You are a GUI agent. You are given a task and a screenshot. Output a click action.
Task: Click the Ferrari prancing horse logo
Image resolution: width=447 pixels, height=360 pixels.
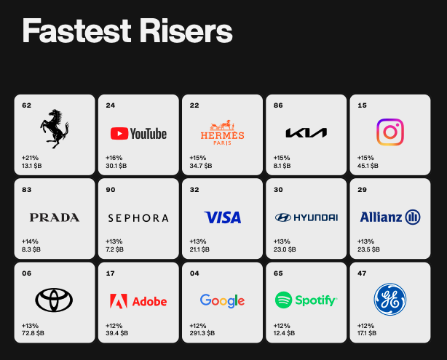[x=54, y=129]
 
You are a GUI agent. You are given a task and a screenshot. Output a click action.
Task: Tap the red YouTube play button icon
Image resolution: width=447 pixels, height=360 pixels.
[x=119, y=134]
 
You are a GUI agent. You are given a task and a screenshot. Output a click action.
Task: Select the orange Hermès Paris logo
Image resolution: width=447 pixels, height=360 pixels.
[x=222, y=132]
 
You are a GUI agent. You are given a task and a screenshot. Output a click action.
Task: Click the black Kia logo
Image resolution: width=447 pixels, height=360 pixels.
[x=306, y=132]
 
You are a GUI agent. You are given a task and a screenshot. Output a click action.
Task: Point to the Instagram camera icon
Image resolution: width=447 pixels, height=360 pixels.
[x=390, y=132]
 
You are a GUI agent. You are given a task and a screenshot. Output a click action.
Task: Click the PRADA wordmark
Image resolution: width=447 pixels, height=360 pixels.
[x=55, y=217]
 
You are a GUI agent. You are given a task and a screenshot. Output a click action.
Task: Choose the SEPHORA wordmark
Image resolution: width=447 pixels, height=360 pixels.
[x=138, y=218]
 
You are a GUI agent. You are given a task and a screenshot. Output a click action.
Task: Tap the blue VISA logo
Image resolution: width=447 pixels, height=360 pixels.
[x=223, y=217]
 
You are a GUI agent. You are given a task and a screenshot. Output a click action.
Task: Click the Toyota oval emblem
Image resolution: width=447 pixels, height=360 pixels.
[x=54, y=300]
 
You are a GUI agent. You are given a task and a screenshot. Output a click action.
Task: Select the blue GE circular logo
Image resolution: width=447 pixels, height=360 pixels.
[x=390, y=300]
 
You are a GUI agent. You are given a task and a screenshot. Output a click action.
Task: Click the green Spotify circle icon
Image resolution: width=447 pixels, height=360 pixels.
[x=283, y=300]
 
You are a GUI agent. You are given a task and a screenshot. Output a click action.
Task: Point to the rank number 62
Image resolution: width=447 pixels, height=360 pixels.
[x=26, y=105]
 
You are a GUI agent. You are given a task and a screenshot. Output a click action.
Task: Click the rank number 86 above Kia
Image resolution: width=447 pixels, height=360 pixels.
[x=278, y=105]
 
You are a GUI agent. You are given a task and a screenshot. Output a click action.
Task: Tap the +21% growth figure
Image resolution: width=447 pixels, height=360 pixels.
[x=31, y=158]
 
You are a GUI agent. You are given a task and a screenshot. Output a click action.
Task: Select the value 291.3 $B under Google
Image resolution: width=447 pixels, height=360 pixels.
[x=202, y=333]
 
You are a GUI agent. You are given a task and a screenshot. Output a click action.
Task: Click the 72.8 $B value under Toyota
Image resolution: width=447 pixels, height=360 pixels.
[x=33, y=333]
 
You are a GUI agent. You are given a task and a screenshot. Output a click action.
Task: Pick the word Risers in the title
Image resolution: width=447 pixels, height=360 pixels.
[x=186, y=31]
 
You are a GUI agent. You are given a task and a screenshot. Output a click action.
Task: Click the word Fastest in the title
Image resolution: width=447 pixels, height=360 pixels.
[x=77, y=31]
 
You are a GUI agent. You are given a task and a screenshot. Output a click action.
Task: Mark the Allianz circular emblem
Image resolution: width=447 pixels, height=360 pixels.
[x=413, y=217]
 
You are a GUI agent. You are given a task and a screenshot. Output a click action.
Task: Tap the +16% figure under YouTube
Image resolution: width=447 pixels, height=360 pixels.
[x=114, y=158]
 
